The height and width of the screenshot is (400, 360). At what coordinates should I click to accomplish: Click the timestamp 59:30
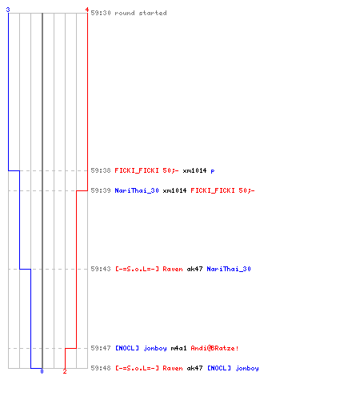tap(101, 13)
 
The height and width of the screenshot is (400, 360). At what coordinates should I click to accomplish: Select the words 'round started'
tap(141, 13)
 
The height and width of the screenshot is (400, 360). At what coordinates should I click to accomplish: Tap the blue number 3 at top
tap(8, 10)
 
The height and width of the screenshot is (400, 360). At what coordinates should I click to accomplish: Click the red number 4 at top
tap(87, 10)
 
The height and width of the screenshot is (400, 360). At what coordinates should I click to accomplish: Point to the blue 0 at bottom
tap(42, 371)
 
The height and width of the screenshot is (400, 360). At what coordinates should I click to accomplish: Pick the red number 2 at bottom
tap(65, 371)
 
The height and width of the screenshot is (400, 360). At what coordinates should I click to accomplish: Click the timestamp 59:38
tap(101, 170)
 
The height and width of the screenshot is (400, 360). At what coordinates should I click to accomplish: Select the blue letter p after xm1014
tap(213, 171)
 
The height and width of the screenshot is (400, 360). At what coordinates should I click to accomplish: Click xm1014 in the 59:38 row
tap(194, 170)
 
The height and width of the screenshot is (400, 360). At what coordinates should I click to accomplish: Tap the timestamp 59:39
tap(101, 190)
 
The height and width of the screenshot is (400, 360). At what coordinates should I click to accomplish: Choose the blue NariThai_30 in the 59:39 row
tap(137, 190)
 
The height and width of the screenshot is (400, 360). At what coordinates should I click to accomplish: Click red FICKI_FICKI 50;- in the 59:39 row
tap(222, 190)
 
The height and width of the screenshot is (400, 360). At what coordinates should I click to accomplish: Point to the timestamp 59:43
tap(101, 269)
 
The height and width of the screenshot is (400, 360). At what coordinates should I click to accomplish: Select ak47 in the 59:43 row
tap(194, 269)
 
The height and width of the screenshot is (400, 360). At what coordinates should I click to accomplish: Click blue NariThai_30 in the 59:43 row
tap(229, 269)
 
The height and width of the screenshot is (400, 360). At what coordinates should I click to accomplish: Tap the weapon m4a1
tap(178, 348)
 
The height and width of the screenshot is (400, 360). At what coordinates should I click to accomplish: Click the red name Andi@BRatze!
tap(214, 348)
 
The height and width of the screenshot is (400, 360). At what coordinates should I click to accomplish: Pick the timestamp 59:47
tap(101, 348)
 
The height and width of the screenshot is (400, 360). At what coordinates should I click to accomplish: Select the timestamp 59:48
tap(101, 368)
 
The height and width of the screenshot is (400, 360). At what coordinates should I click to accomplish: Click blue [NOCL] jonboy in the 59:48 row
tap(233, 368)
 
